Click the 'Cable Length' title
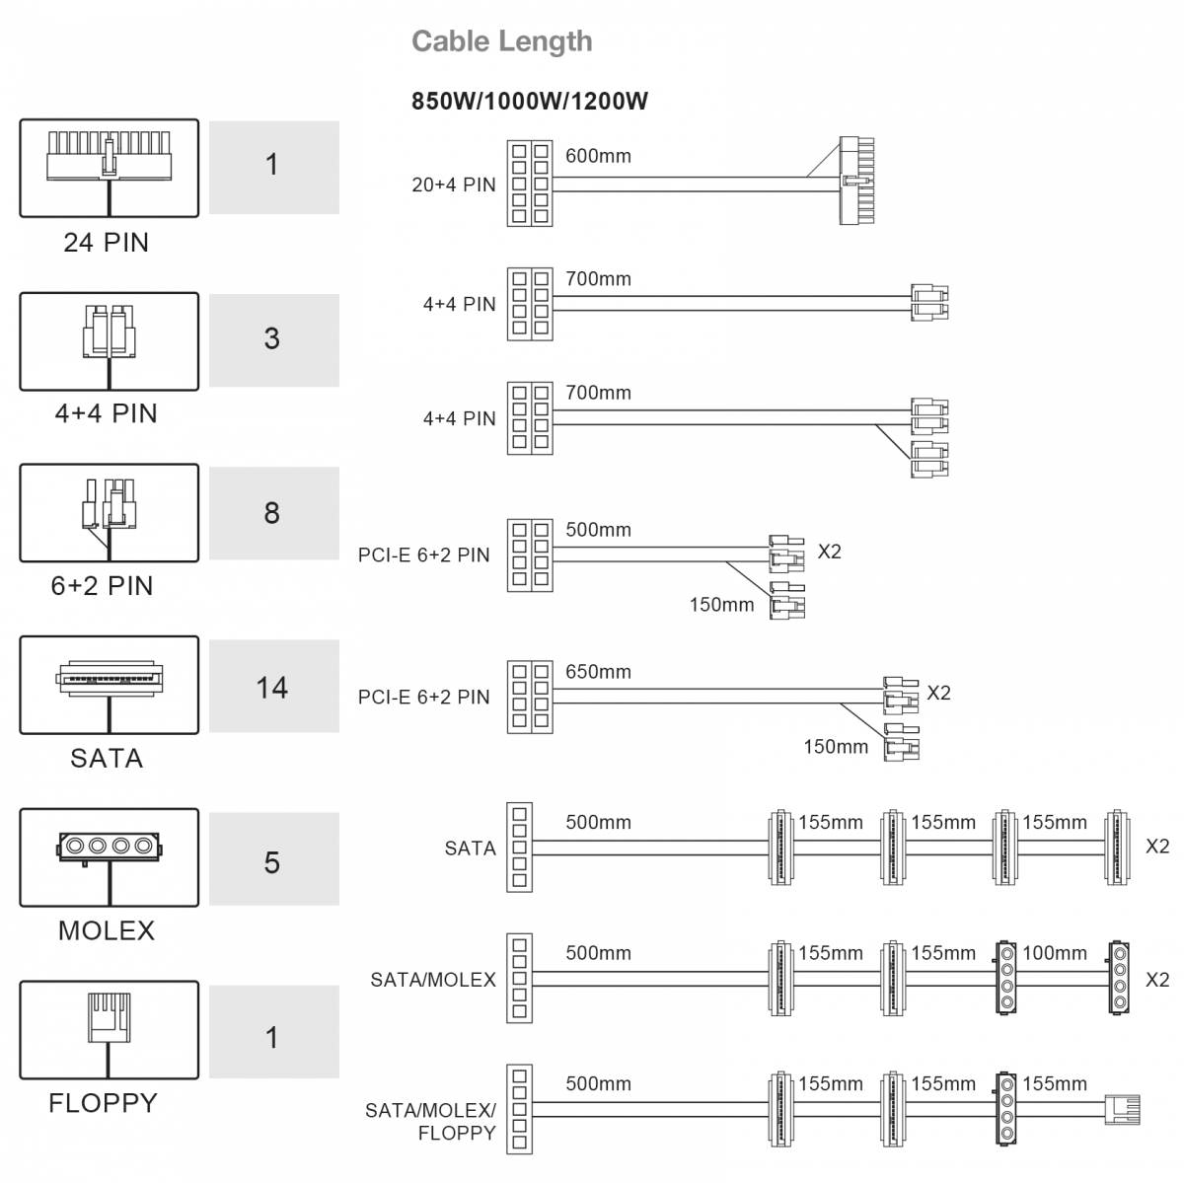tap(501, 41)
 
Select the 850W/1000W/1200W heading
tap(530, 102)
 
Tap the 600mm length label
tap(598, 156)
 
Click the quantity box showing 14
tap(274, 686)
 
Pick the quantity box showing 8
tap(274, 513)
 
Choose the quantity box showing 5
tap(274, 859)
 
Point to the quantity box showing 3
tap(274, 339)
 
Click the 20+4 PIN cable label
tap(454, 185)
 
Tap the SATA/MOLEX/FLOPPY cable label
tap(430, 1122)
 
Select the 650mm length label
tap(598, 672)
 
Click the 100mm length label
tap(1055, 953)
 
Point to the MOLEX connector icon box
tap(110, 857)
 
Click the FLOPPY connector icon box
tap(110, 1030)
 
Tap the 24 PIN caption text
tap(106, 243)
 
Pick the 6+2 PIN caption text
tap(102, 586)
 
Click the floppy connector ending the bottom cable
tap(1122, 1110)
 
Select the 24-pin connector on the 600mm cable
tap(856, 180)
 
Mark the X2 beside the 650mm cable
tap(939, 694)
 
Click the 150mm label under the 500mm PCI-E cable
tap(721, 605)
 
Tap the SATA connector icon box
tap(110, 685)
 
